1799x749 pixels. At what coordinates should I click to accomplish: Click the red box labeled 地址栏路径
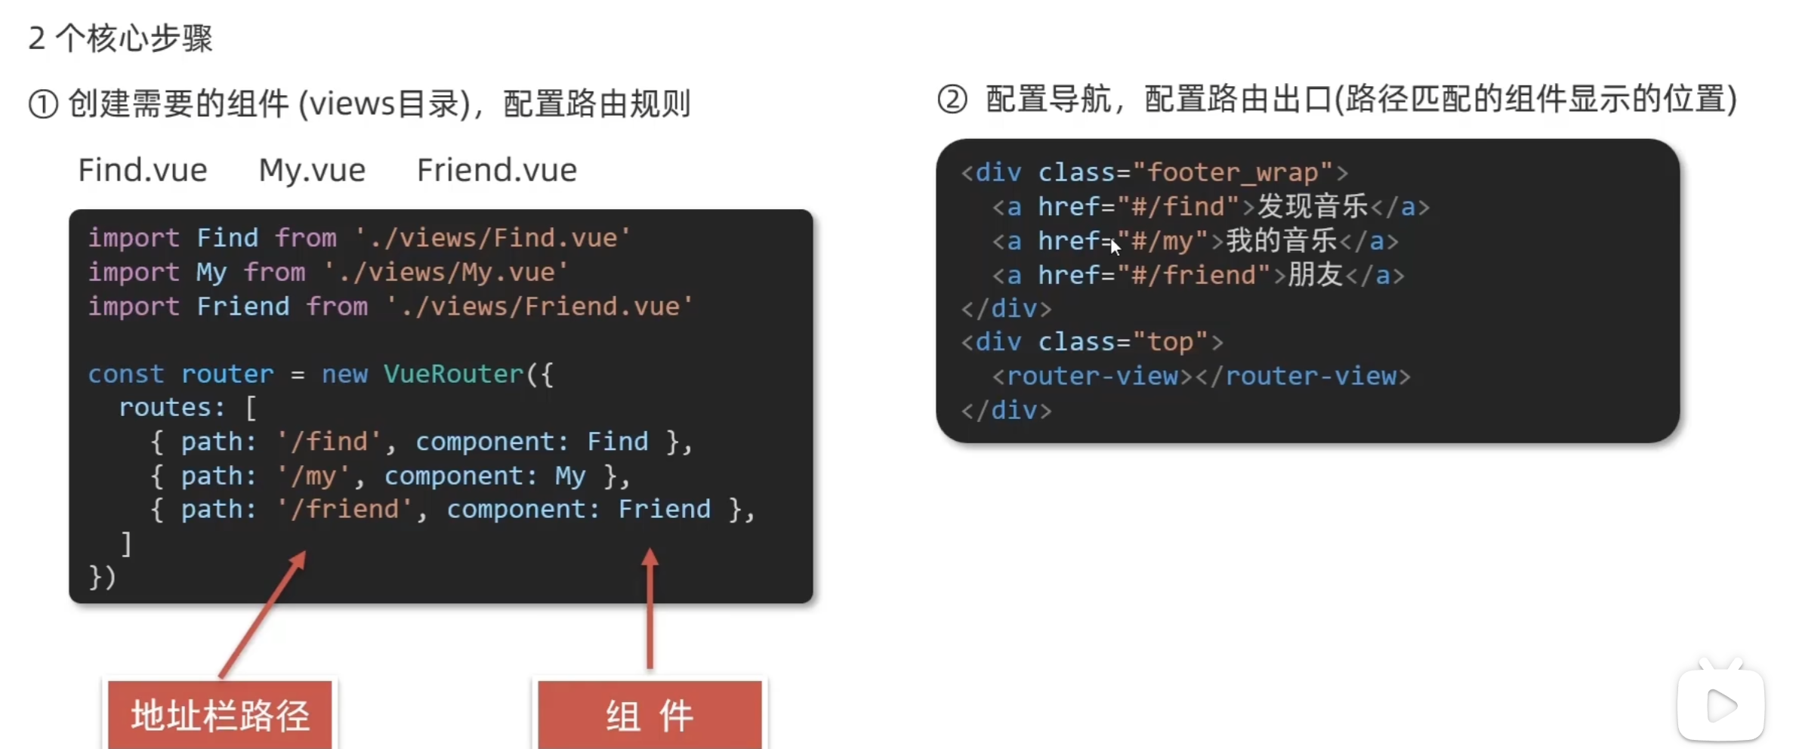220,714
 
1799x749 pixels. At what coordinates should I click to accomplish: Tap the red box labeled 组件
650,714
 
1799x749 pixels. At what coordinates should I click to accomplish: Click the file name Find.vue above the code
143,170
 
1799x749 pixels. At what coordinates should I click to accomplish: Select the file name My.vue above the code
312,170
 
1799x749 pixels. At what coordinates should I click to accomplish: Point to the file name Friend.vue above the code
497,170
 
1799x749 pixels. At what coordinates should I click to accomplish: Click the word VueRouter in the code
453,374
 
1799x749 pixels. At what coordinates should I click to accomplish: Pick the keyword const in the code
125,374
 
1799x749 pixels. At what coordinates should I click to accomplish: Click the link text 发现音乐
1313,206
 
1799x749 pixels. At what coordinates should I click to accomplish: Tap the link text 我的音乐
1282,241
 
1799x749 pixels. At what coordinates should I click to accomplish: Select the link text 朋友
1315,275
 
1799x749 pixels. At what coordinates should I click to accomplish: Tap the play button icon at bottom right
1721,706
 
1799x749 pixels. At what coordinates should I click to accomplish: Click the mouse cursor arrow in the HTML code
1116,247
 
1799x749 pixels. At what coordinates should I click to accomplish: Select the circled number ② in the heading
952,100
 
